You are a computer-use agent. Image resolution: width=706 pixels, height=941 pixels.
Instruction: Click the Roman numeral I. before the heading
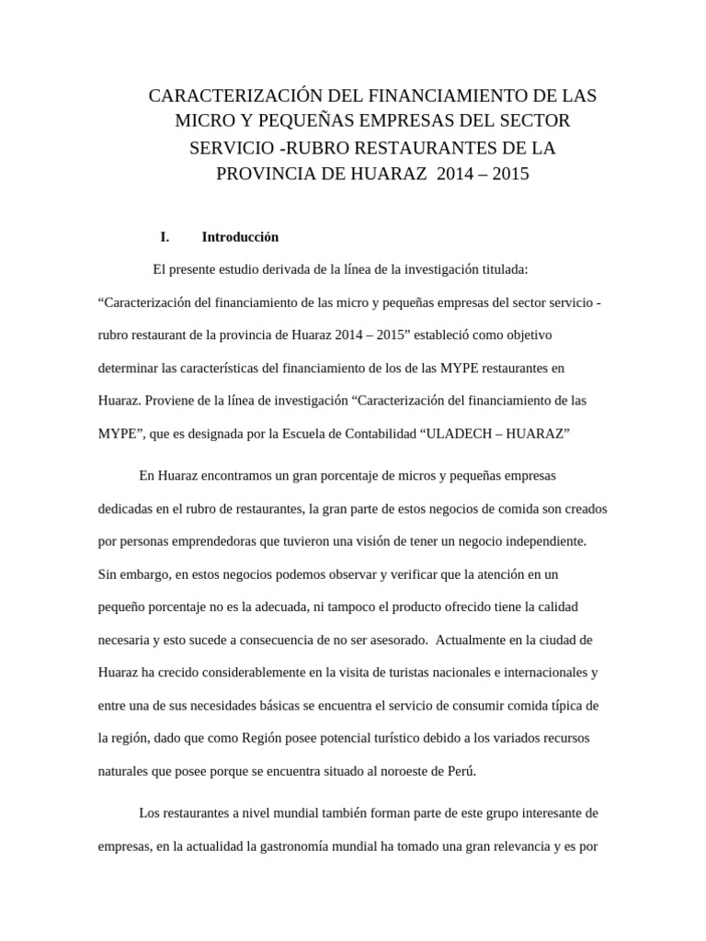pyautogui.click(x=165, y=236)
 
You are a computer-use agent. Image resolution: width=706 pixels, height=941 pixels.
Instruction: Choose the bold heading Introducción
pyautogui.click(x=239, y=236)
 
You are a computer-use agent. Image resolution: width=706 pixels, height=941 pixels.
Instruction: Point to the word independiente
pyautogui.click(x=545, y=541)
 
